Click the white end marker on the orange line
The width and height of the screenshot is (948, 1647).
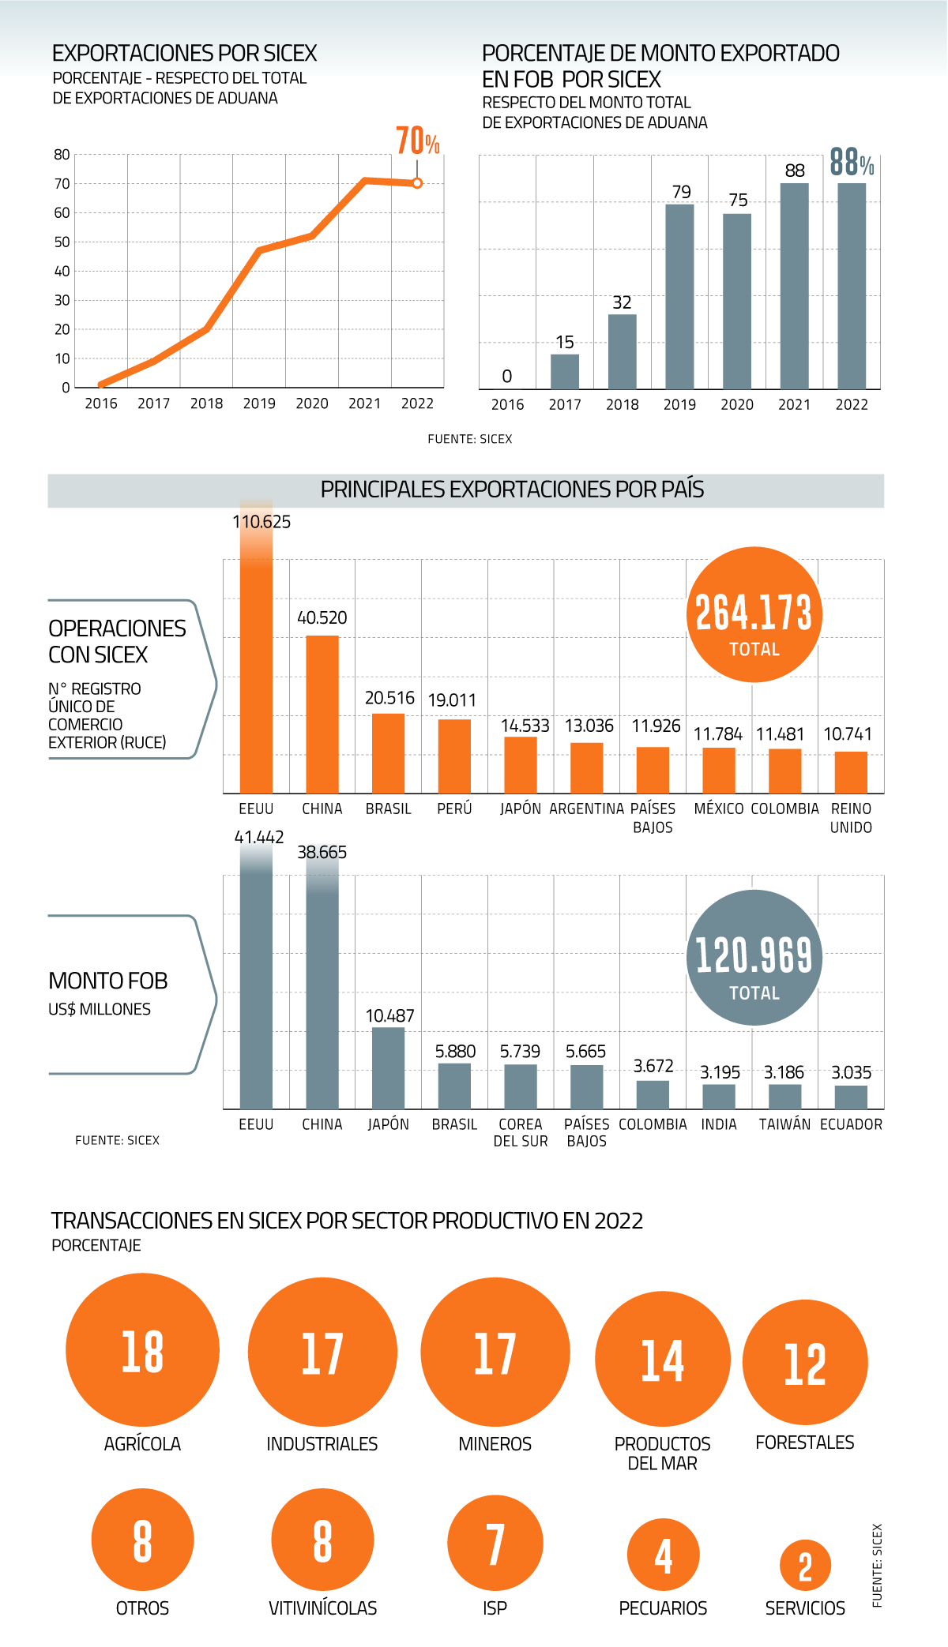point(417,183)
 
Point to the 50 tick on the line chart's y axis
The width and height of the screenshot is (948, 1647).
point(62,242)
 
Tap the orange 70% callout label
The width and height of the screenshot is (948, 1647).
point(417,141)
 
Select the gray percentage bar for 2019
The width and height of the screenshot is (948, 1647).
point(679,296)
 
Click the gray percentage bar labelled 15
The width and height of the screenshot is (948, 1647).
point(565,371)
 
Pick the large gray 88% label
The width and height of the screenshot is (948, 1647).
point(852,163)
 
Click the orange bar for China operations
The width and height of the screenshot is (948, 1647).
point(322,714)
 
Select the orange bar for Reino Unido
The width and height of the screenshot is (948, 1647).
point(851,771)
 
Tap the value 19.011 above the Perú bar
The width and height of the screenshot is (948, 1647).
point(452,700)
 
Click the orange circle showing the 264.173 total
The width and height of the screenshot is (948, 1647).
point(754,614)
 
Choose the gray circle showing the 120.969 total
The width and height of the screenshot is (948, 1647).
point(754,957)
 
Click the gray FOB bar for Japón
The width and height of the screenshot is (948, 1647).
point(388,1067)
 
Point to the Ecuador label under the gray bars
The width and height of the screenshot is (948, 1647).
point(851,1124)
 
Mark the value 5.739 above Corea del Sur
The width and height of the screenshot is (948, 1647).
point(520,1052)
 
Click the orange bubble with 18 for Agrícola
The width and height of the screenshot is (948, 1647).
point(142,1350)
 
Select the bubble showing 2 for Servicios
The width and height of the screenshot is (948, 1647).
point(805,1566)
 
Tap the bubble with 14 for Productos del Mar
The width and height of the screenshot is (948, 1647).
point(662,1359)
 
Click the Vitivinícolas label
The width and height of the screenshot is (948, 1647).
point(322,1608)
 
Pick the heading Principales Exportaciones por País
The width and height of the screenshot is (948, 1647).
point(512,490)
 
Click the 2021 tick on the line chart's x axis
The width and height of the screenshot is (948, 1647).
point(364,403)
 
